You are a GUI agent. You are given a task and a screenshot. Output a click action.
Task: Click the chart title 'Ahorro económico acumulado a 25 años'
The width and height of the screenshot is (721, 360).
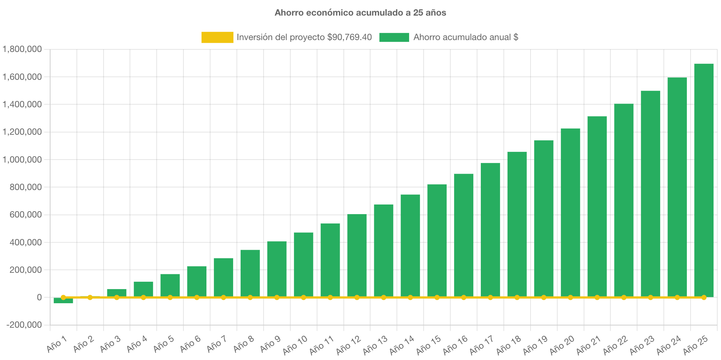pos(360,13)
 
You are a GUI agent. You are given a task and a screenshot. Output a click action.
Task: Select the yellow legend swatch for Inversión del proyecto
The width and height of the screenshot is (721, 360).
pos(217,37)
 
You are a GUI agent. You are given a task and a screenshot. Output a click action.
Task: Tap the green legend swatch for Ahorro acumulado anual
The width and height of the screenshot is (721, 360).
pos(394,37)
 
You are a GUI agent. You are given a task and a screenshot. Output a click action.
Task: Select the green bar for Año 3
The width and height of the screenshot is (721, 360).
pos(117,292)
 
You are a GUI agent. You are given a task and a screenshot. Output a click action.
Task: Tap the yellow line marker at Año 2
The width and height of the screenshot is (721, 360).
pos(90,297)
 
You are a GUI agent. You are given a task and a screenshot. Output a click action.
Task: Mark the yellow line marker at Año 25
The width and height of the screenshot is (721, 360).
pos(704,297)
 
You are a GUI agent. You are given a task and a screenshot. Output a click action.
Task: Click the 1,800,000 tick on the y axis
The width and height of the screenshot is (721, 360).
pos(22,49)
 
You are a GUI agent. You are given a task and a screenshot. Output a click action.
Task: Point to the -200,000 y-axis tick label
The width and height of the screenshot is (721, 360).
pos(24,325)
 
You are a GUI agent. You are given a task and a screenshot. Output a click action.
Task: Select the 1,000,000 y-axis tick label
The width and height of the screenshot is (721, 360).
pos(22,160)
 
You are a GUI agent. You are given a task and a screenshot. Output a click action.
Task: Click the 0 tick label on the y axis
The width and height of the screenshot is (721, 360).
pos(39,297)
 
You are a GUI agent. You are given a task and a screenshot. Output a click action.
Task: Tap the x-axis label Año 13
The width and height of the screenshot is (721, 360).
pos(375,345)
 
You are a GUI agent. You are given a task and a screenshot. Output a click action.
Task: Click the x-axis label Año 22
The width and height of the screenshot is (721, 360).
pos(615,345)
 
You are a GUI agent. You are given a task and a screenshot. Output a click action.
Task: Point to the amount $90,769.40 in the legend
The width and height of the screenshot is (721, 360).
pos(349,37)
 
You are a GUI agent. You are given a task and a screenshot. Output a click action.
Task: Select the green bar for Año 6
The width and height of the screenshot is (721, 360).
pos(197,281)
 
